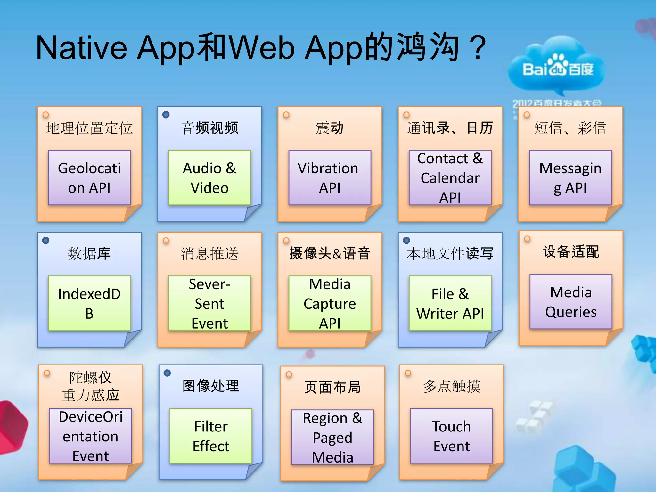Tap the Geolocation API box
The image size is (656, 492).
[89, 177]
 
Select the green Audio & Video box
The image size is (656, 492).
[209, 177]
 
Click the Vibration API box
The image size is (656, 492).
[330, 177]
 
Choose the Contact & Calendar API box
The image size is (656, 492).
[450, 177]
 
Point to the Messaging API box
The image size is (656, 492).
[570, 177]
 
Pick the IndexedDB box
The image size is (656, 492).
[89, 303]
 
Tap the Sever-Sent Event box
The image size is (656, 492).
[209, 303]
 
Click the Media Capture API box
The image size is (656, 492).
[330, 303]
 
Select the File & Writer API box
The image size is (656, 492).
[450, 303]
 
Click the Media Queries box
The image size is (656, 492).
[571, 301]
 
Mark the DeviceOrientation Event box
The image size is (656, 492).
[91, 436]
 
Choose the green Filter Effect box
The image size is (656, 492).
[211, 436]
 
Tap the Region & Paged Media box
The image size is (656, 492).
[332, 437]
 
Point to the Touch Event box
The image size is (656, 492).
[451, 436]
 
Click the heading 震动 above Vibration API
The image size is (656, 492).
[330, 128]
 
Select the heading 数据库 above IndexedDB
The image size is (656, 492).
[89, 253]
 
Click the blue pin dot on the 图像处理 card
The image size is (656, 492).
[167, 373]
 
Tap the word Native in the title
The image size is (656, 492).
[81, 48]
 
